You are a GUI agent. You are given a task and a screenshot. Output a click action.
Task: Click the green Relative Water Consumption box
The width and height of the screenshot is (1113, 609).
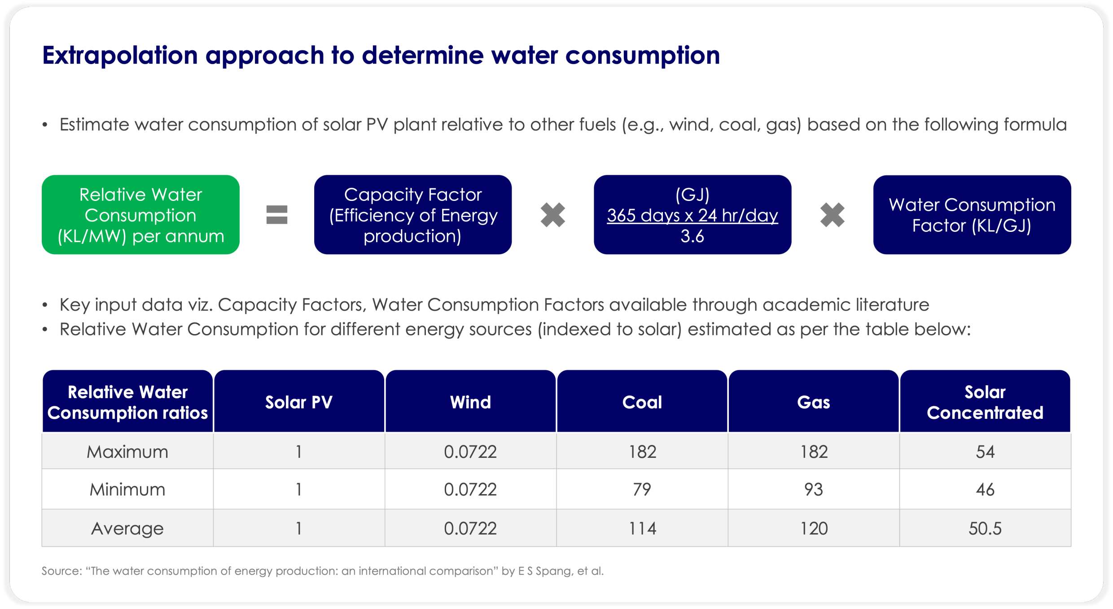[x=140, y=215]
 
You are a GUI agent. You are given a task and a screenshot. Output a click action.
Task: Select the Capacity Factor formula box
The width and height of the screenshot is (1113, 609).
[x=413, y=215]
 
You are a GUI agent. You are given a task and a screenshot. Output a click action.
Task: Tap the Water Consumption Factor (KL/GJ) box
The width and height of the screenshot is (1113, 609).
[x=972, y=215]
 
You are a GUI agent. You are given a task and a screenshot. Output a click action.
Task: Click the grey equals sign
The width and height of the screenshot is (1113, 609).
[x=276, y=215]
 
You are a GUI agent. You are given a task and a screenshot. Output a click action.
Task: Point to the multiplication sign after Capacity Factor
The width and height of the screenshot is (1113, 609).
[x=552, y=215]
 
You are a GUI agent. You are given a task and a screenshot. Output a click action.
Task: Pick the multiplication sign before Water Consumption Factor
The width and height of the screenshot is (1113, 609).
[x=832, y=215]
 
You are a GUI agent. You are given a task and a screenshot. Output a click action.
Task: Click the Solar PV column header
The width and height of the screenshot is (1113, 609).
[x=299, y=402]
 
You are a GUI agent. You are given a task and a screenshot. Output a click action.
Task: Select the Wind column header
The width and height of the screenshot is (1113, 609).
[x=470, y=402]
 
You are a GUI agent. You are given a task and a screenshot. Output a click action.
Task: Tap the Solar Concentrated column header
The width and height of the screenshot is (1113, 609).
[x=985, y=402]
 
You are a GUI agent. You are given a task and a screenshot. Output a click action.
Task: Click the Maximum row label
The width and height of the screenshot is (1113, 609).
[x=127, y=452]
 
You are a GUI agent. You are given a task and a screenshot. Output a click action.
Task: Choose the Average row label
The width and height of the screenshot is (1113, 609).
[x=127, y=528]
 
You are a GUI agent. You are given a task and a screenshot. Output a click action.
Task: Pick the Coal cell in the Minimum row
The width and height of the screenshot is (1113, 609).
[x=642, y=489]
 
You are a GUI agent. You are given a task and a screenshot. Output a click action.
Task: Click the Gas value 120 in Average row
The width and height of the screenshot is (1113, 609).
[x=814, y=528]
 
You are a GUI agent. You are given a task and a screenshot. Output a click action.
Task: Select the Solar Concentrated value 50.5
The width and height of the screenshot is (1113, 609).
[x=985, y=528]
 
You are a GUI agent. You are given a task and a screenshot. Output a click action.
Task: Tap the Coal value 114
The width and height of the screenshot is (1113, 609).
[x=642, y=528]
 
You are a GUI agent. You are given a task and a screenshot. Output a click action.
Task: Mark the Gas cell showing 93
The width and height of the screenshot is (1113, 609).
[x=814, y=489]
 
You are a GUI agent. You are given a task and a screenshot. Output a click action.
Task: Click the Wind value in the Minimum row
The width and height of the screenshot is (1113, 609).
[x=470, y=489]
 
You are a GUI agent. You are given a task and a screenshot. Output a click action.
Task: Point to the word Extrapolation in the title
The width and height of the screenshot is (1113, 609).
[x=120, y=56]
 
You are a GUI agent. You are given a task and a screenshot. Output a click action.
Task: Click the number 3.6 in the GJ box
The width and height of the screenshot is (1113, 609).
[x=692, y=236]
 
